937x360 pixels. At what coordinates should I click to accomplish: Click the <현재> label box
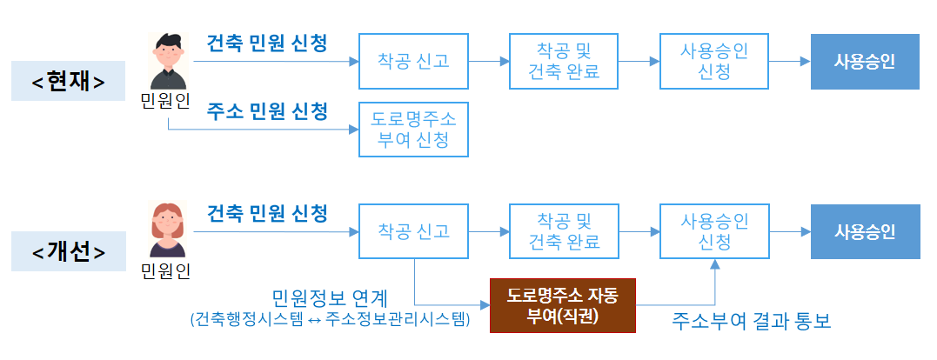pyautogui.click(x=68, y=81)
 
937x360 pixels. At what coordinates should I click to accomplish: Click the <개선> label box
pyautogui.click(x=68, y=251)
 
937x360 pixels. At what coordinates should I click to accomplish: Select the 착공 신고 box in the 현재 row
pyautogui.click(x=413, y=61)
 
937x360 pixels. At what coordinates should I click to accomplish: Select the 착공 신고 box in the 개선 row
pyautogui.click(x=413, y=231)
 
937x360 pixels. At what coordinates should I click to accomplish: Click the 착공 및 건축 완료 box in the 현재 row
pyautogui.click(x=564, y=61)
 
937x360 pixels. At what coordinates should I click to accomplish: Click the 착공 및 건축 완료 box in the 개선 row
pyautogui.click(x=564, y=231)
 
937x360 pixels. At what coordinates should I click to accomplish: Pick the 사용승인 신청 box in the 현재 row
pyautogui.click(x=713, y=61)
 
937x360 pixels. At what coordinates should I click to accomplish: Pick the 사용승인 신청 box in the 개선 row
pyautogui.click(x=713, y=231)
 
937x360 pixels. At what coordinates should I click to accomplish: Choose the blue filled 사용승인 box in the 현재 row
pyautogui.click(x=865, y=61)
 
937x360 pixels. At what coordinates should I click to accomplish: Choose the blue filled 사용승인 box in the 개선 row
pyautogui.click(x=865, y=231)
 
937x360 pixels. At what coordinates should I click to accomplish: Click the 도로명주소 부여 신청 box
pyautogui.click(x=413, y=129)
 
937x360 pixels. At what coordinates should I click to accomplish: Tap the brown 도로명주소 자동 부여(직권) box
pyautogui.click(x=563, y=305)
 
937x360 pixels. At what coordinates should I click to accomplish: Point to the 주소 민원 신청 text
pyautogui.click(x=267, y=111)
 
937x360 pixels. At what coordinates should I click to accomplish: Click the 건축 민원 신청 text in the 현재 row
pyautogui.click(x=267, y=43)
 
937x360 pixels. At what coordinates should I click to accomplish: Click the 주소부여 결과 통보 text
pyautogui.click(x=752, y=321)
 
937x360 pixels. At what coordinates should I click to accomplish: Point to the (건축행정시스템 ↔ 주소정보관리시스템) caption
pyautogui.click(x=330, y=320)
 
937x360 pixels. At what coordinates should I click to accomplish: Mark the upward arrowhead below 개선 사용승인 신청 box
pyautogui.click(x=714, y=264)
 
